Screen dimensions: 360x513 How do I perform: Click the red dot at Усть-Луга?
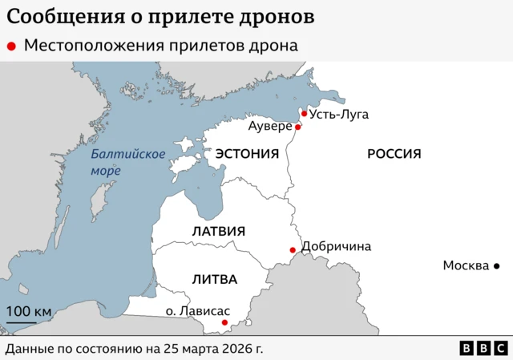[304, 114]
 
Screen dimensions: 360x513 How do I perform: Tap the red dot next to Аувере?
[297, 127]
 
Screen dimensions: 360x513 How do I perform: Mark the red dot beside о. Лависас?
[224, 322]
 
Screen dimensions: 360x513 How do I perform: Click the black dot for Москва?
[496, 265]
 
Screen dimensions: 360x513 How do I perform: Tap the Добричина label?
[336, 246]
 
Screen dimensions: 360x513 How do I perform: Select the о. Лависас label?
[197, 310]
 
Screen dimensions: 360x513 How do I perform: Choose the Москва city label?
[466, 265]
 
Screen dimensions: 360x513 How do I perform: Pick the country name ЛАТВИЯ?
[218, 231]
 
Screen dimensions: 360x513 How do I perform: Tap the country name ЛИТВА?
[214, 279]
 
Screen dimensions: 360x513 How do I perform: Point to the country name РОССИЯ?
[394, 153]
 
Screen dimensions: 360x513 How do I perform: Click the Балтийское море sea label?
[127, 162]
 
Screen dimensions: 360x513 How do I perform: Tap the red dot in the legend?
[11, 47]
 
